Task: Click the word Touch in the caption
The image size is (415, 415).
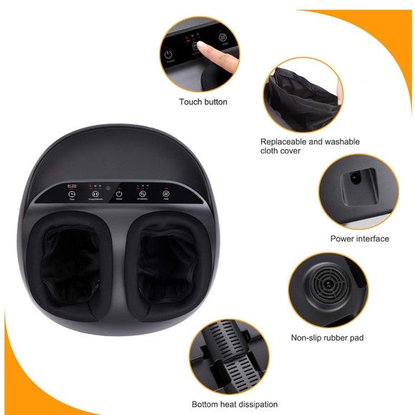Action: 190,102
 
